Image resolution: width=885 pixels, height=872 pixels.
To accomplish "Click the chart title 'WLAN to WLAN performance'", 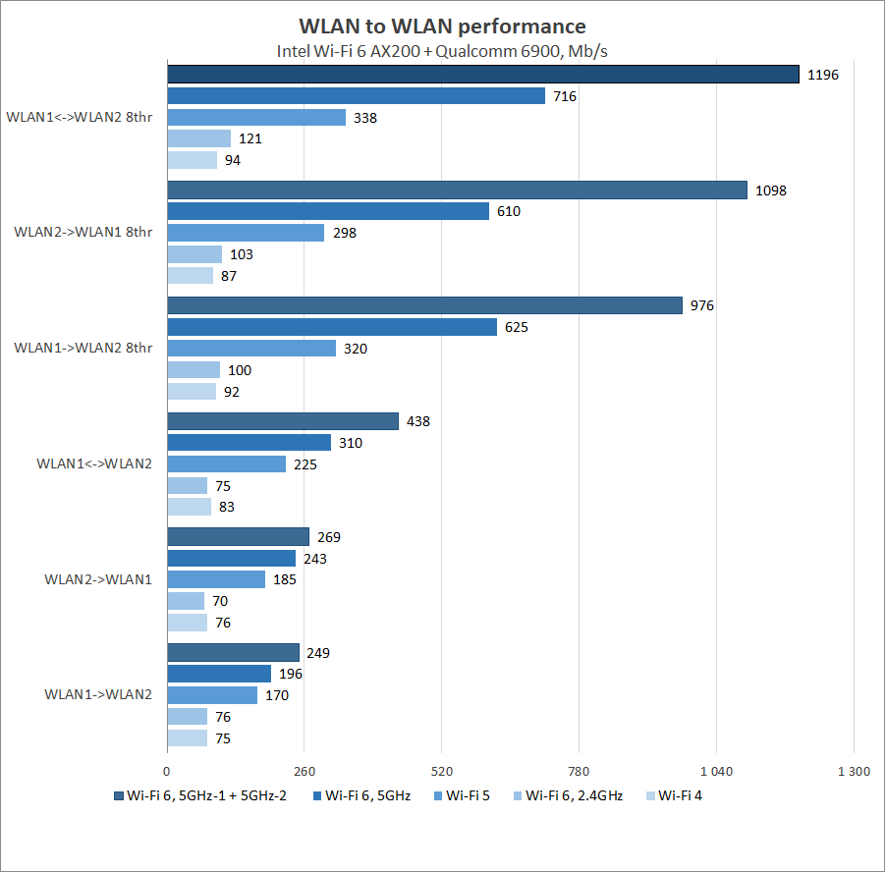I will pyautogui.click(x=442, y=27).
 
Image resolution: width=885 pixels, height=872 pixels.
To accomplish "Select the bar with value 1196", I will pyautogui.click(x=483, y=74).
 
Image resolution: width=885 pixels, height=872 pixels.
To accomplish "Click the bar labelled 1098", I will pyautogui.click(x=458, y=190).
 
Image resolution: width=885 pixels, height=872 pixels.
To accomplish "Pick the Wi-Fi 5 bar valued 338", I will pyautogui.click(x=256, y=118).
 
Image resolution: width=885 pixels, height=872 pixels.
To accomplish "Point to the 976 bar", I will pyautogui.click(x=424, y=305).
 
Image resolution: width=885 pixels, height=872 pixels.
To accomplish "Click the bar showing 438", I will pyautogui.click(x=283, y=421).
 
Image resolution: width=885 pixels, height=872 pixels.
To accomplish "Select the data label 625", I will pyautogui.click(x=517, y=327).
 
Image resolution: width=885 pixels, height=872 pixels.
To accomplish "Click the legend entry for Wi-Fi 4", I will pyautogui.click(x=680, y=795).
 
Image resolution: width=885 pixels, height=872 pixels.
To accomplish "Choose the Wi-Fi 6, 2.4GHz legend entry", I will pyautogui.click(x=574, y=795).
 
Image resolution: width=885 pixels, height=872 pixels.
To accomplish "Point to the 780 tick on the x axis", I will pyautogui.click(x=579, y=771).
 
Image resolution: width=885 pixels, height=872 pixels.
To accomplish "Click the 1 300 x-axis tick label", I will pyautogui.click(x=853, y=771).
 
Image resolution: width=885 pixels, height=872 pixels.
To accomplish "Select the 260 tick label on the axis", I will pyautogui.click(x=304, y=771).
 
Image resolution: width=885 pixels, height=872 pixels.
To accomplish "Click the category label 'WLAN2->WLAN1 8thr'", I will pyautogui.click(x=83, y=232).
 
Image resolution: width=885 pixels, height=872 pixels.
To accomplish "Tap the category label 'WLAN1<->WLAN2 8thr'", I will pyautogui.click(x=80, y=117).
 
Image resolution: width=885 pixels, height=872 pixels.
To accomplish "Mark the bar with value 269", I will pyautogui.click(x=239, y=536).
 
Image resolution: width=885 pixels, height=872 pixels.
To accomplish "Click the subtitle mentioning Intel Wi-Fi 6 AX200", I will pyautogui.click(x=442, y=51).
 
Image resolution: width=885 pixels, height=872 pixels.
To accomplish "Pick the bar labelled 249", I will pyautogui.click(x=234, y=652).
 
